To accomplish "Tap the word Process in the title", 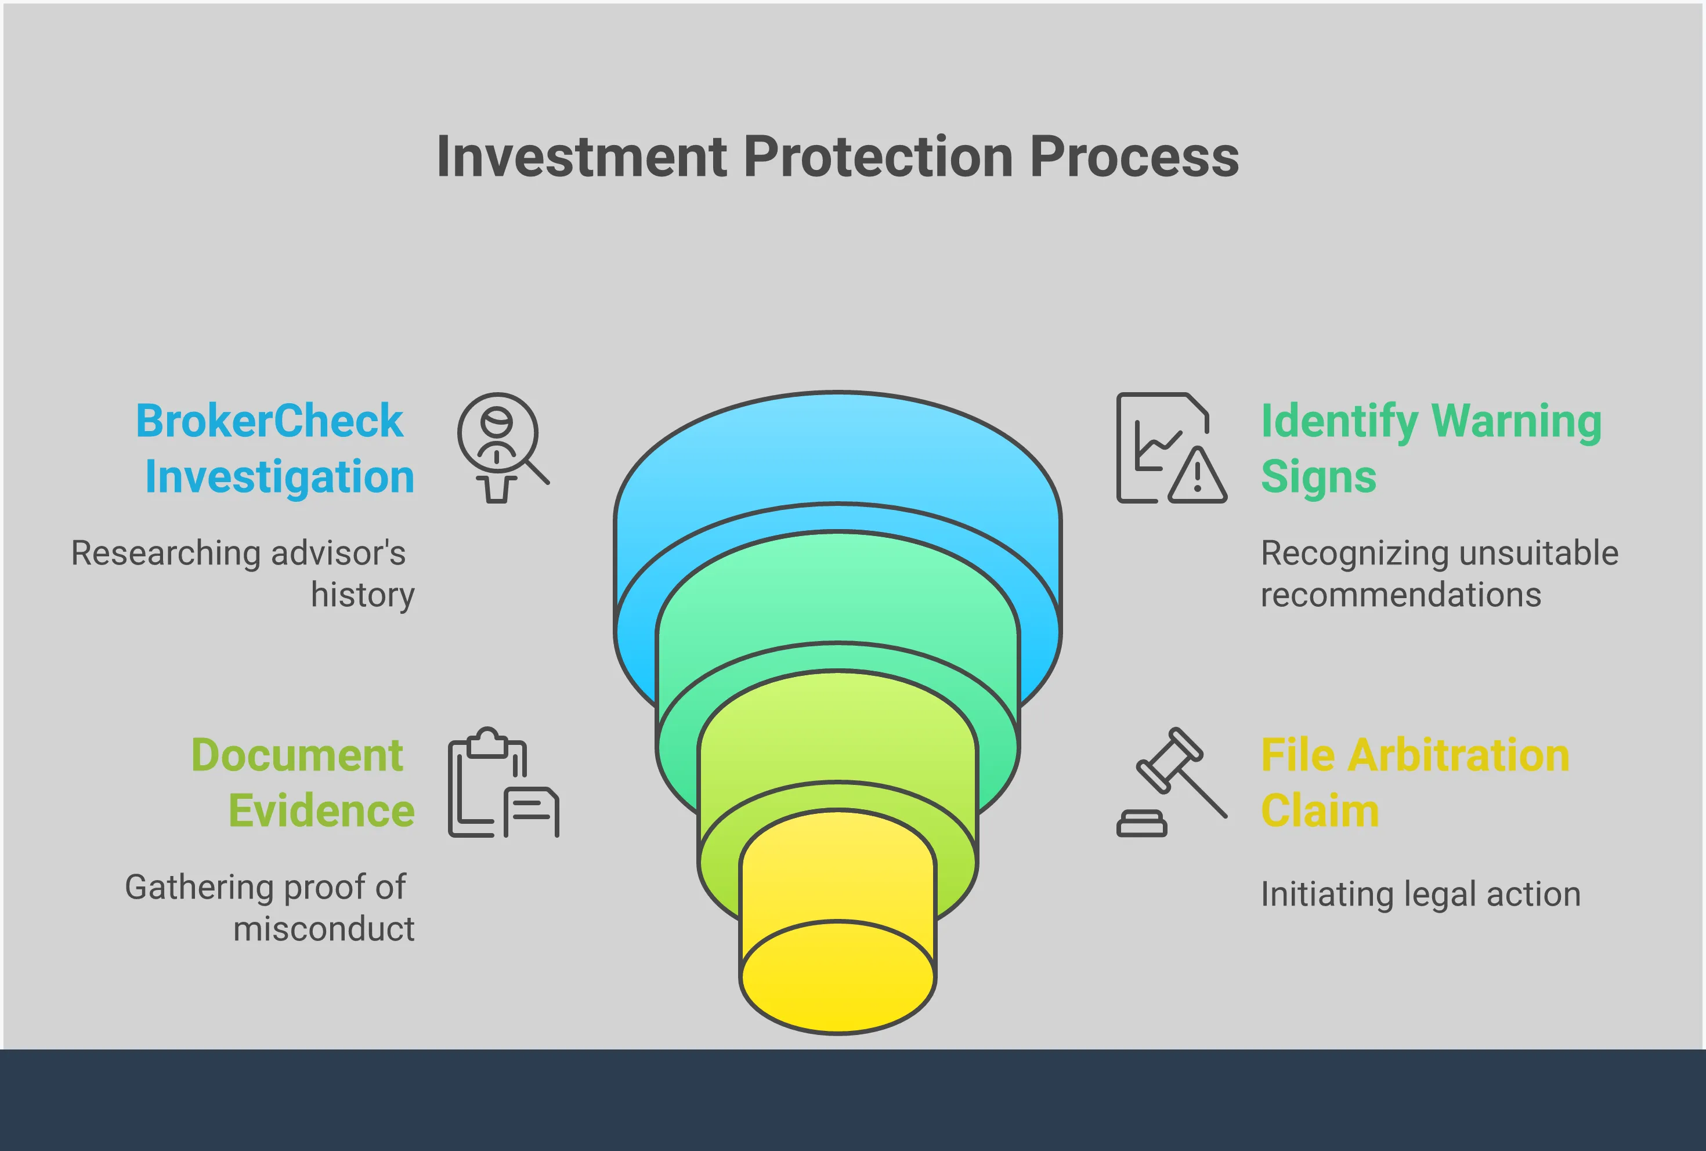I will click(x=1134, y=157).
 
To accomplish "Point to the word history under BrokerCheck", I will click(x=363, y=595).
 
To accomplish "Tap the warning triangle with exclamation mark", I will click(x=1197, y=476).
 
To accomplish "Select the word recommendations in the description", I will click(x=1401, y=595).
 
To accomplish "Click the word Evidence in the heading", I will click(x=321, y=811).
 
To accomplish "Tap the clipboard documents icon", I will click(x=503, y=783).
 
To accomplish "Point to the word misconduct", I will click(x=324, y=929).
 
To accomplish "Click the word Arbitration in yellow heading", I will click(x=1459, y=755).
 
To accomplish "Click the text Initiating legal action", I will click(x=1421, y=894).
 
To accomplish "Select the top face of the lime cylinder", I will click(x=837, y=723).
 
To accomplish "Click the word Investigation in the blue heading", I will click(x=280, y=477).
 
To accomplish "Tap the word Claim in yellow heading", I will click(x=1319, y=811).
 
